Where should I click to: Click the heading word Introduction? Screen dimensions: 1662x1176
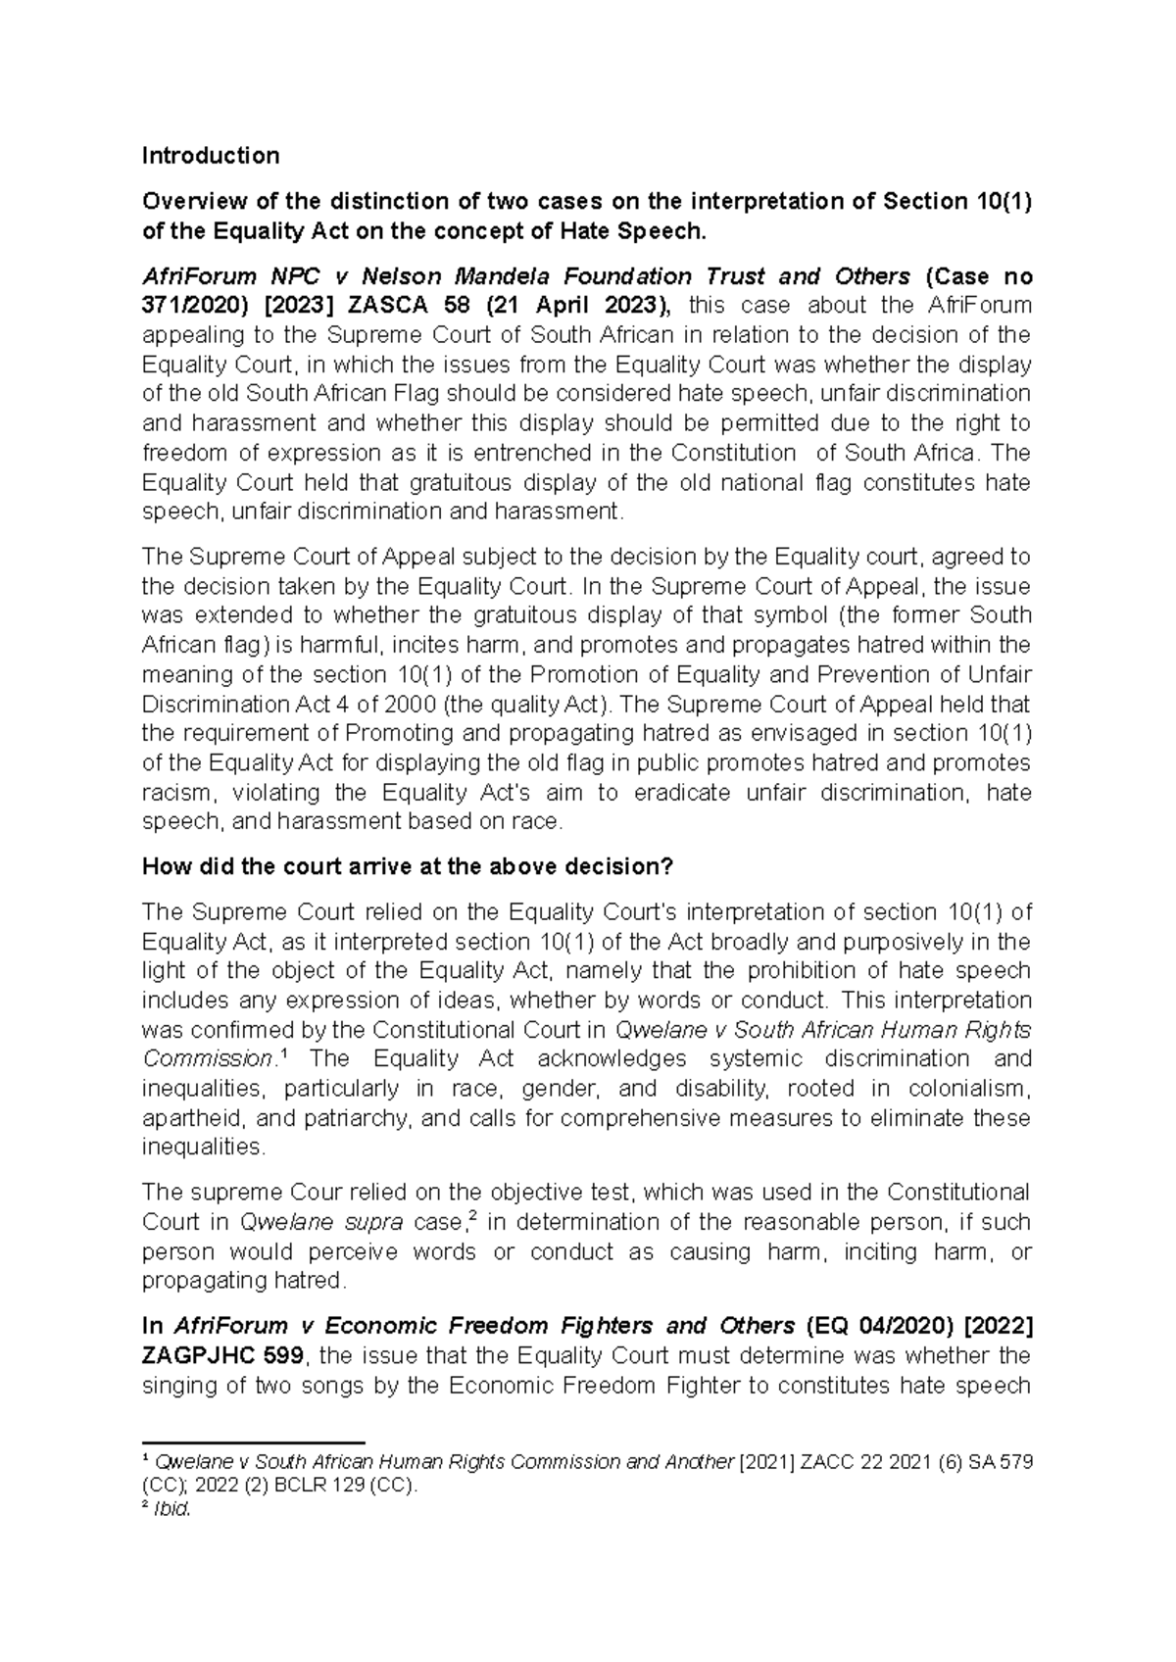[211, 156]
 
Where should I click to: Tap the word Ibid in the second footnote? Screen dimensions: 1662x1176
[171, 1509]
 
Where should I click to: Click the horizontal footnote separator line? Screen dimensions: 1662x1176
[254, 1443]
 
